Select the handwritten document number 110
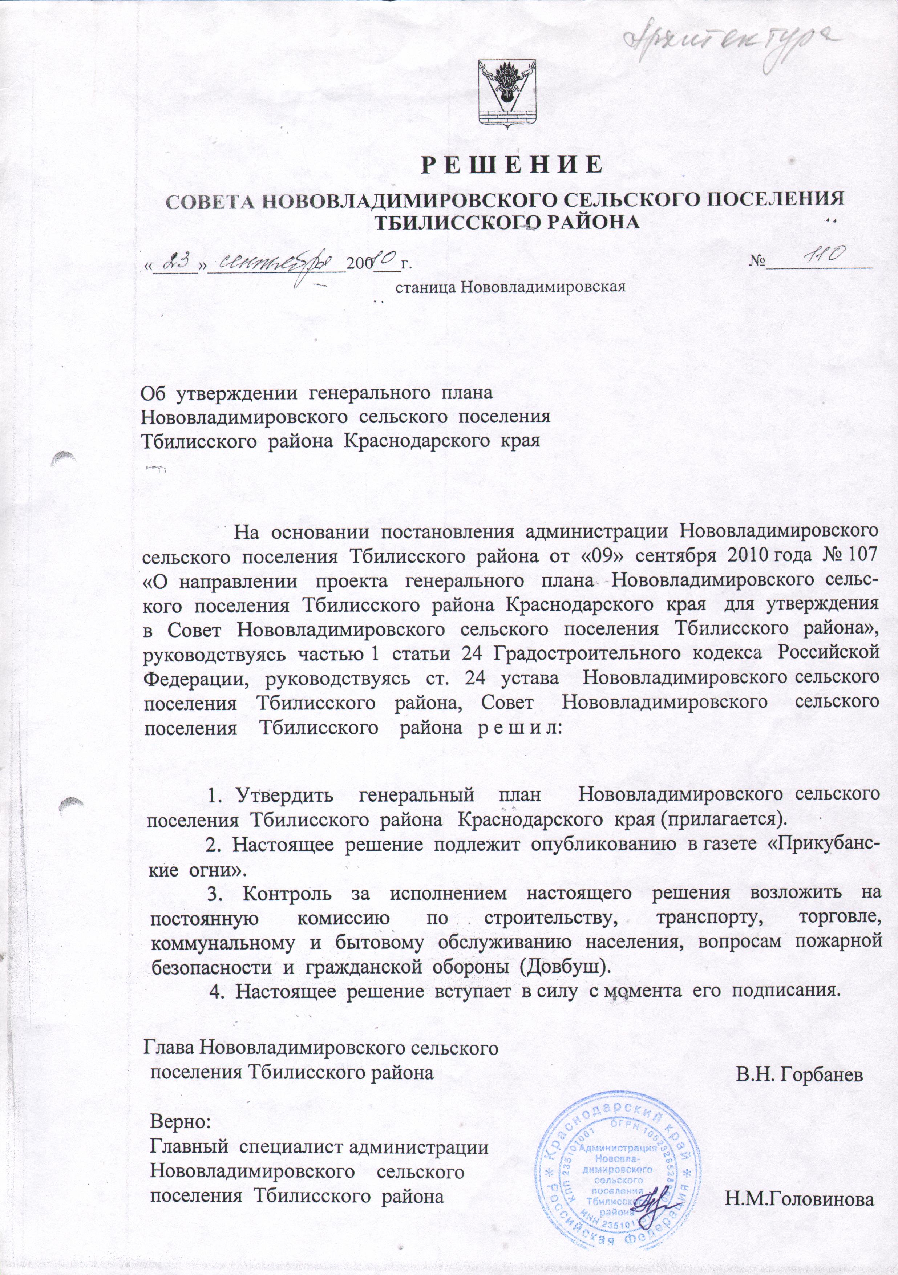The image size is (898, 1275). click(825, 256)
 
